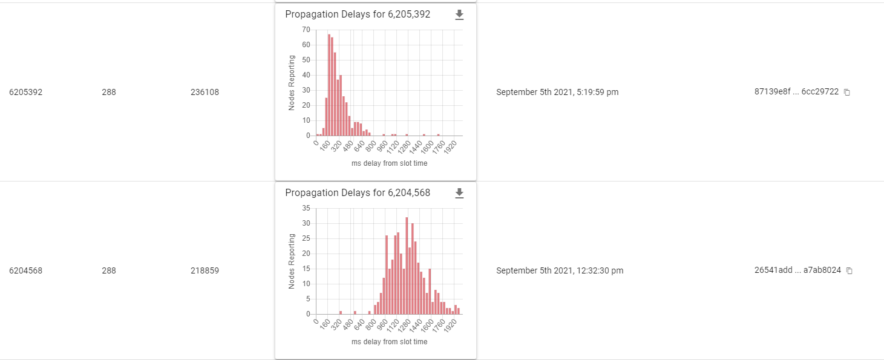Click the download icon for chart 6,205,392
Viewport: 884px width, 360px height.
click(x=459, y=15)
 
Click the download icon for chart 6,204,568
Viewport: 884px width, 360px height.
click(x=459, y=193)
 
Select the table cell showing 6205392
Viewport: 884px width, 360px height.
click(x=25, y=93)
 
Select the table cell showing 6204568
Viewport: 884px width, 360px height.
click(x=25, y=270)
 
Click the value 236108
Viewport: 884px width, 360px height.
click(x=205, y=93)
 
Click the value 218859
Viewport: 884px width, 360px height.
click(x=205, y=270)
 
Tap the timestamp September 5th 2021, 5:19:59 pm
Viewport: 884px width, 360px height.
click(x=557, y=93)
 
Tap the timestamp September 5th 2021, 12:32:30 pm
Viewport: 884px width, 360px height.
click(x=559, y=270)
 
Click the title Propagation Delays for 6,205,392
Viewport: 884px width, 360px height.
click(x=358, y=15)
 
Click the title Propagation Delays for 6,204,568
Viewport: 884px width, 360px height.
click(x=358, y=193)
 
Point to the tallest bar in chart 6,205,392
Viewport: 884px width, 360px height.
click(x=329, y=85)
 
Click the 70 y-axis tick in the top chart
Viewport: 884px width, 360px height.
click(x=306, y=30)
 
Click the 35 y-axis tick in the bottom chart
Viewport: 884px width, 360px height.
click(x=306, y=208)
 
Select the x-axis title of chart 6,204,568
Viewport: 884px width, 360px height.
click(x=389, y=342)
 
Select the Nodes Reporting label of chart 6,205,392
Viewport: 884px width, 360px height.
click(x=292, y=83)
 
